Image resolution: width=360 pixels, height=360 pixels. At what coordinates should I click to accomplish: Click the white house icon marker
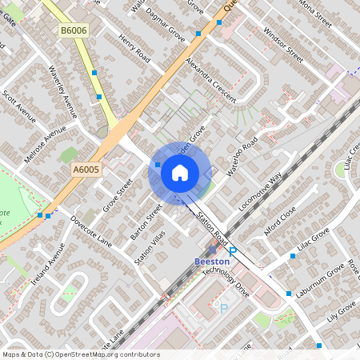pos(180,172)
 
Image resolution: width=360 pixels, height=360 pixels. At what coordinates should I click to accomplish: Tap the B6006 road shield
pos(73,30)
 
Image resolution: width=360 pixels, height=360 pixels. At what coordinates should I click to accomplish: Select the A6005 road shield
pos(86,170)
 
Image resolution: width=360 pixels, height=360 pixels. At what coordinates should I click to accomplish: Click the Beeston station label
pos(212,262)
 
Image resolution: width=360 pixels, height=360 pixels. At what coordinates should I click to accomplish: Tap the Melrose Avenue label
pos(45,144)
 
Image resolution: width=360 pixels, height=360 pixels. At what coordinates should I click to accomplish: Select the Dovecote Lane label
pos(90,230)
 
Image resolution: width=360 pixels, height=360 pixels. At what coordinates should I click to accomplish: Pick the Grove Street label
pos(118,197)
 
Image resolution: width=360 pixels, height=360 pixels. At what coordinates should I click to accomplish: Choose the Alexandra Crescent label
pos(210,79)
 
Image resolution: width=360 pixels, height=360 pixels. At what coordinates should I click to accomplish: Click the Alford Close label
pos(280,221)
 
